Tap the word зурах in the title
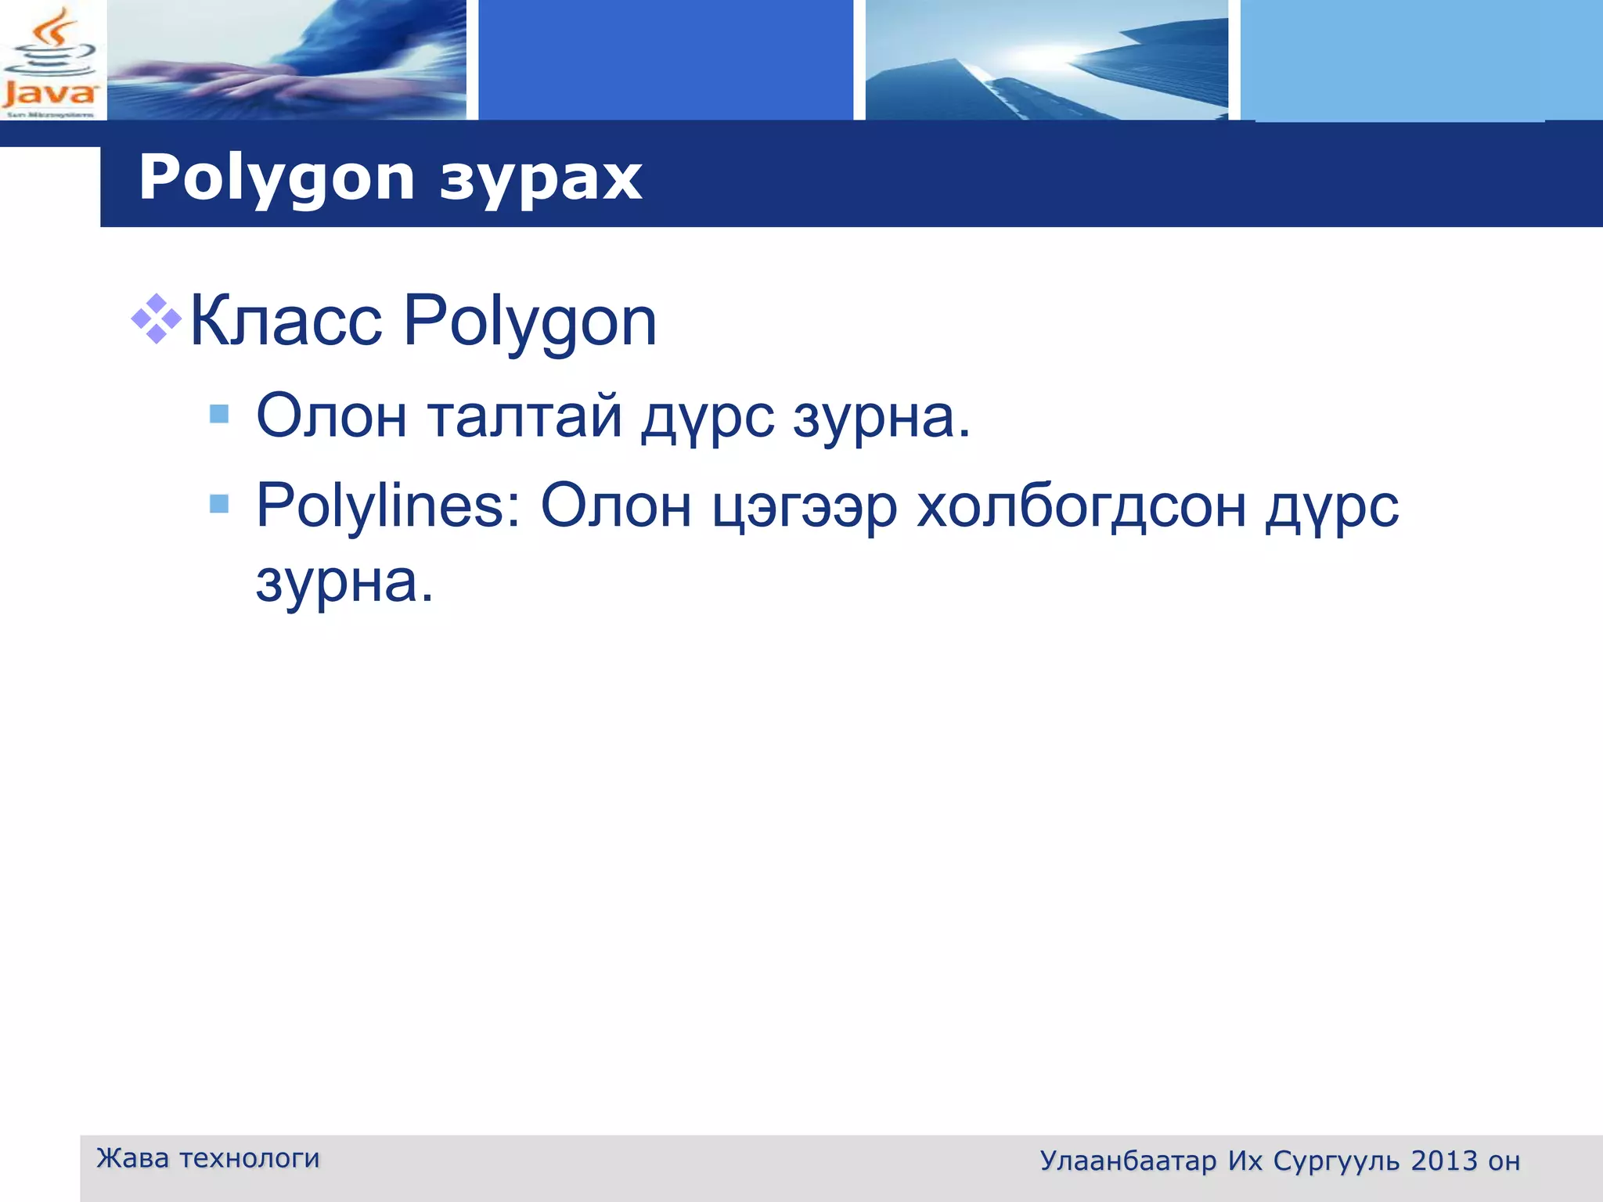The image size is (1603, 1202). (x=540, y=178)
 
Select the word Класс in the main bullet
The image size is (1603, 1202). (x=286, y=320)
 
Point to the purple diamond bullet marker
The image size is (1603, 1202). (x=157, y=318)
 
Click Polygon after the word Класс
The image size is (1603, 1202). (x=529, y=322)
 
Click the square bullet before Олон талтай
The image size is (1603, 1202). (x=219, y=413)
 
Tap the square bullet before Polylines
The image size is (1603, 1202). (x=219, y=503)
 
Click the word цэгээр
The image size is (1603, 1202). (x=805, y=507)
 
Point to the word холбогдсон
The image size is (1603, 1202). (x=1081, y=507)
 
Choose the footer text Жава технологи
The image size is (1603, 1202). (x=207, y=1157)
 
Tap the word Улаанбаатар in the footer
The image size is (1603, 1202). (x=1128, y=1161)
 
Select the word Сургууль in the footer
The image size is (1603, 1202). (x=1337, y=1161)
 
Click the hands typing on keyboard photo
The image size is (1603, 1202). (x=286, y=60)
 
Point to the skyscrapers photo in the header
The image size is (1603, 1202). (x=1046, y=60)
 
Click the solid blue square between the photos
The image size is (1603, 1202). (x=665, y=60)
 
